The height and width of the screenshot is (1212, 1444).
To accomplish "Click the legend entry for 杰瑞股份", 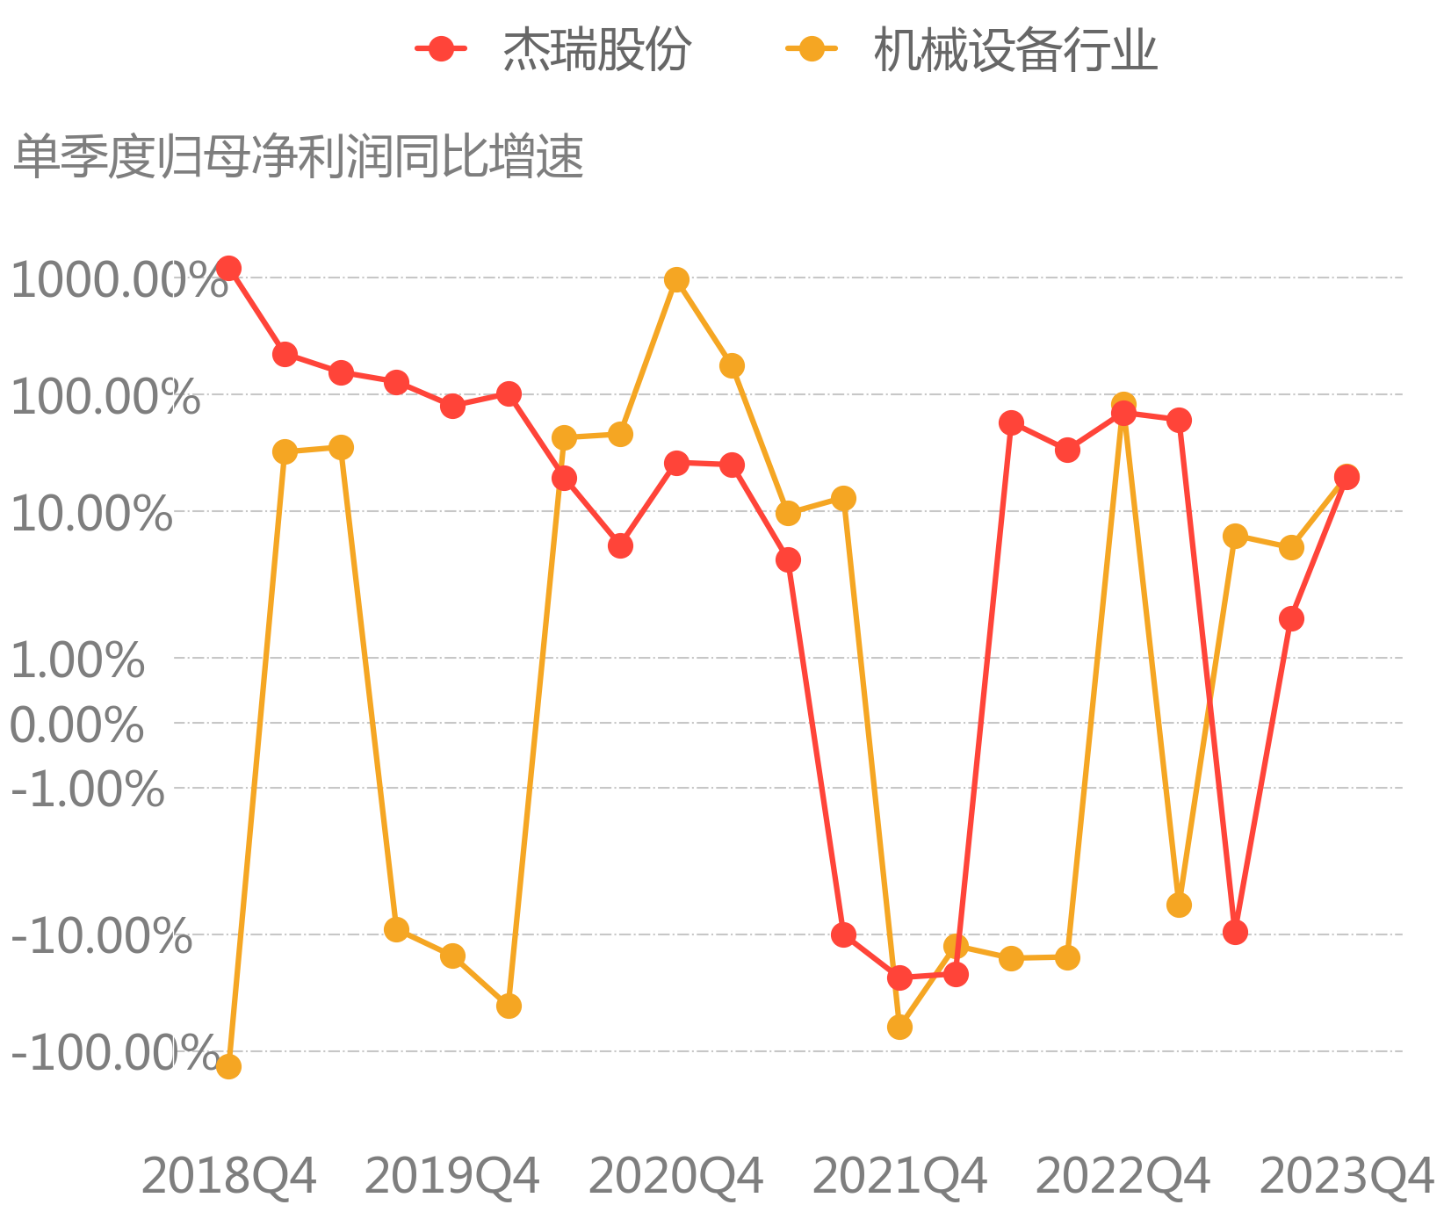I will pos(553,49).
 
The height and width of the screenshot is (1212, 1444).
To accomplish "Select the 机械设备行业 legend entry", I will pos(971,49).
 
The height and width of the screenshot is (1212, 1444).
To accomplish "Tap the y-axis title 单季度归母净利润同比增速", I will pos(299,157).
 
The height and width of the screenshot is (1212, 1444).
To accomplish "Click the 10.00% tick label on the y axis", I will pos(91,513).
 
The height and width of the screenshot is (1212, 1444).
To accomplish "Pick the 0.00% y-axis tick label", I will pos(77,725).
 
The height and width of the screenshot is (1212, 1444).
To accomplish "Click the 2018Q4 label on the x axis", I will pos(228,1175).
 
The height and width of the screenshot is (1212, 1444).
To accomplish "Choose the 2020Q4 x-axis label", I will pos(675,1175).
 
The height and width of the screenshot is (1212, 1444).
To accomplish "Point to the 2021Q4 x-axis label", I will pos(899,1175).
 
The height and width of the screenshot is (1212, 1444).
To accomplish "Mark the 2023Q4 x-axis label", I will pos(1347,1175).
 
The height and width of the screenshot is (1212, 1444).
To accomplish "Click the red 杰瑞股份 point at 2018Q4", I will pos(228,269).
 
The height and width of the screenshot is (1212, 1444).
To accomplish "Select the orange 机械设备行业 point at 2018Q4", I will pos(228,1066).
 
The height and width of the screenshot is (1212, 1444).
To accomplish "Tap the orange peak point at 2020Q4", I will pos(676,280).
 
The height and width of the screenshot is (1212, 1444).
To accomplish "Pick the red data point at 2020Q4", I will pos(676,463).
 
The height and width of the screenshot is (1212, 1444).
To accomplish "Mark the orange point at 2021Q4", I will pos(899,1027).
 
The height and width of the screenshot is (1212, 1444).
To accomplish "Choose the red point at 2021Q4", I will pos(899,978).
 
